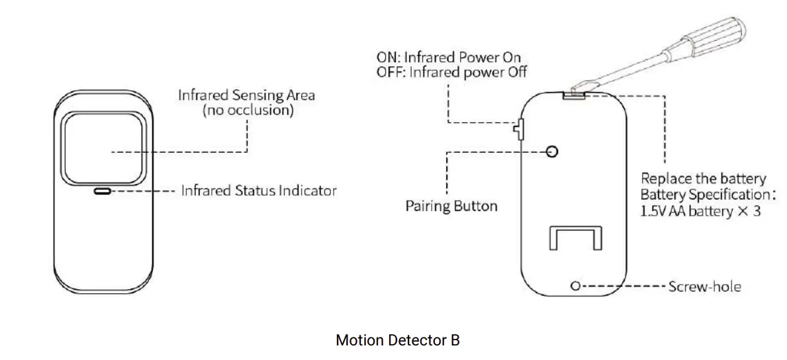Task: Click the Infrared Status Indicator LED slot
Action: (x=101, y=191)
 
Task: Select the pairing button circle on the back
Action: (x=552, y=152)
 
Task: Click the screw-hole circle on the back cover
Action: (x=575, y=286)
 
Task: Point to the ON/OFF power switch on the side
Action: (x=518, y=129)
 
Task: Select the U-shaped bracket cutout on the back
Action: (x=575, y=237)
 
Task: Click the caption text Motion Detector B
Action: (x=397, y=340)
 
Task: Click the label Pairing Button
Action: (x=451, y=206)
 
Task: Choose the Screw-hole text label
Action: (x=704, y=287)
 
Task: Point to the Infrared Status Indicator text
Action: (x=258, y=191)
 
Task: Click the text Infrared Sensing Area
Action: (x=246, y=95)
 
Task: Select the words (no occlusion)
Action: (x=248, y=111)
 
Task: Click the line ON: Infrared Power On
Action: (x=449, y=58)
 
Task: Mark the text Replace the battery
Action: (x=702, y=179)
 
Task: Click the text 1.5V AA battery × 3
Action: (x=700, y=212)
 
